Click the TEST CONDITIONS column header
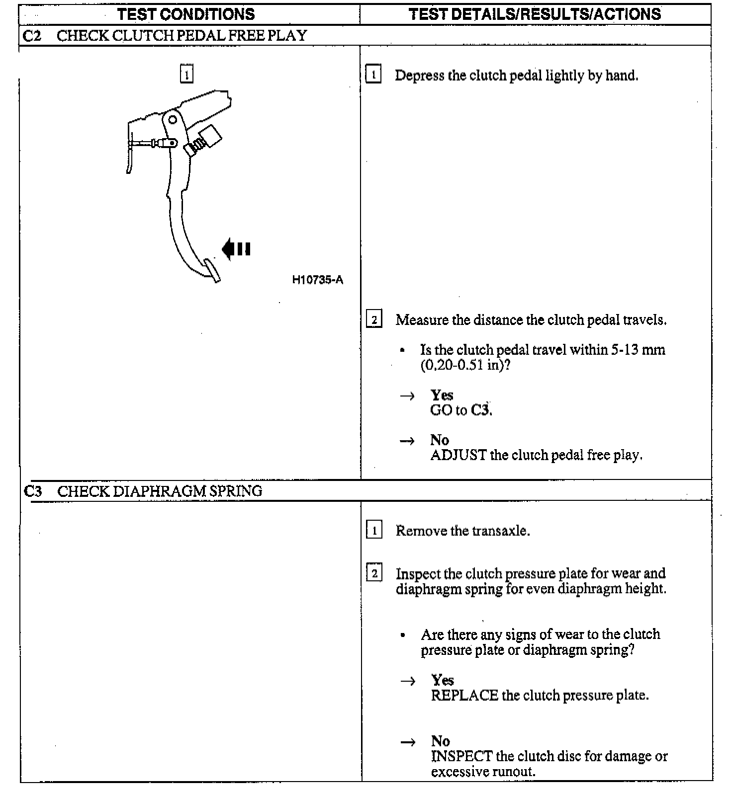[x=186, y=14]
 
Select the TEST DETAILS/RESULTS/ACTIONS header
[x=535, y=14]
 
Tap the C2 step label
[x=32, y=36]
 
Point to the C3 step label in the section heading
[x=33, y=491]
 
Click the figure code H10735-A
[x=317, y=280]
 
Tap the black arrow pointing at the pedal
[x=236, y=248]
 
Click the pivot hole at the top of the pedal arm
[x=173, y=120]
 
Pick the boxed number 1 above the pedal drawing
[x=186, y=75]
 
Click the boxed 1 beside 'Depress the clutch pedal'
[x=373, y=75]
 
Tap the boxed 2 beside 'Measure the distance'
[x=374, y=319]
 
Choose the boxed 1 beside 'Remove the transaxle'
[x=374, y=530]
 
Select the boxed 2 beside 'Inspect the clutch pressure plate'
[x=374, y=573]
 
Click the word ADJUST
[x=458, y=455]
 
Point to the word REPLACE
[x=464, y=695]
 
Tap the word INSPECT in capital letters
[x=461, y=756]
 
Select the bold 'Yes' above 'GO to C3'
[x=442, y=395]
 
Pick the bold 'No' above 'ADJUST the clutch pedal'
[x=440, y=440]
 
